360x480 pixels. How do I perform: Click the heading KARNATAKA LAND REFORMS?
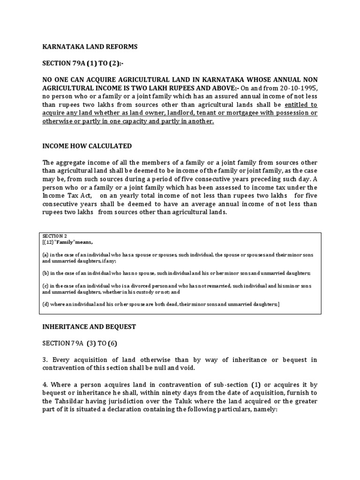tap(90, 47)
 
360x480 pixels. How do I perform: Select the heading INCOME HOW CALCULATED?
tap(87, 146)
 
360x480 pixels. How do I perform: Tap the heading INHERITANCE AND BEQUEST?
tap(89, 326)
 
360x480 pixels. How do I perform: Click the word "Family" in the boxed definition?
tap(67, 242)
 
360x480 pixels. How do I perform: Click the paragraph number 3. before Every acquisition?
tap(45, 360)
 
